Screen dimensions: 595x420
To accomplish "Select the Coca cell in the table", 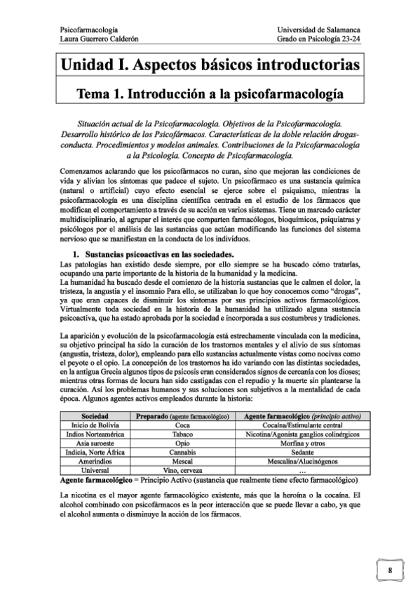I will tap(182, 424).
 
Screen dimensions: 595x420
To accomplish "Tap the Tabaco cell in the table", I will tap(182, 434).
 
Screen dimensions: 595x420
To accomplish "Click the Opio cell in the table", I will tap(182, 443).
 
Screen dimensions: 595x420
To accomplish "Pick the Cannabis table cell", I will tap(182, 452).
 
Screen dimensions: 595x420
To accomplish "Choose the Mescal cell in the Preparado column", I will tap(182, 461).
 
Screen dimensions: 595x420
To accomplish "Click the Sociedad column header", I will tap(95, 415).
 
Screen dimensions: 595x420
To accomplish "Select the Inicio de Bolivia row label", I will tap(95, 424).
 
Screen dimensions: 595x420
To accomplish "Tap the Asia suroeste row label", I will tap(95, 443).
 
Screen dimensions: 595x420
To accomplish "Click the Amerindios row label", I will tap(95, 461).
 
